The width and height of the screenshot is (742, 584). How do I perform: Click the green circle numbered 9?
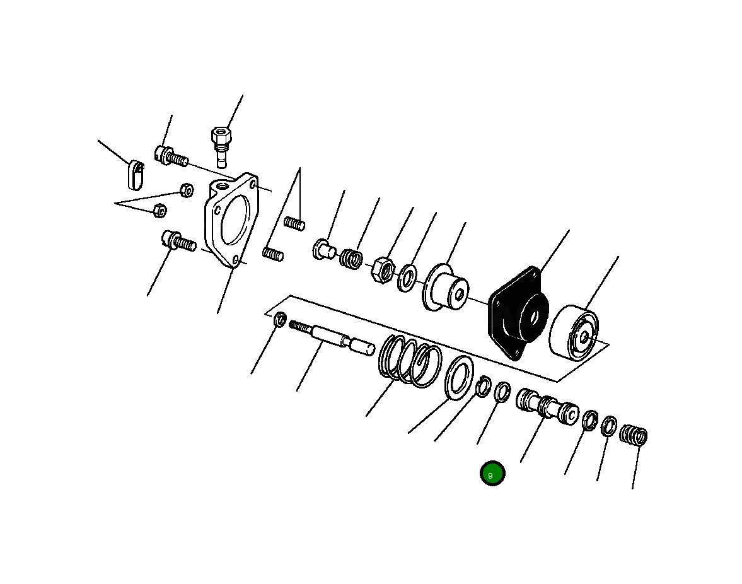(x=492, y=474)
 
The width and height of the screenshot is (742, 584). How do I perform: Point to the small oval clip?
(x=135, y=174)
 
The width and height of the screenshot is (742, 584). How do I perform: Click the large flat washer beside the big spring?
(x=460, y=377)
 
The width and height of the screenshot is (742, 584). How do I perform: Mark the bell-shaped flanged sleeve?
(x=446, y=287)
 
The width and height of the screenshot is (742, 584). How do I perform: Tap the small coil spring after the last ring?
(x=634, y=435)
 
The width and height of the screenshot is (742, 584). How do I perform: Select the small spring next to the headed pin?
(x=352, y=257)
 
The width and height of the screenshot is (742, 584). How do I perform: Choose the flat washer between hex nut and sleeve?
(x=407, y=277)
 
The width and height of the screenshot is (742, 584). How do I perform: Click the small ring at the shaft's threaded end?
(x=280, y=320)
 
